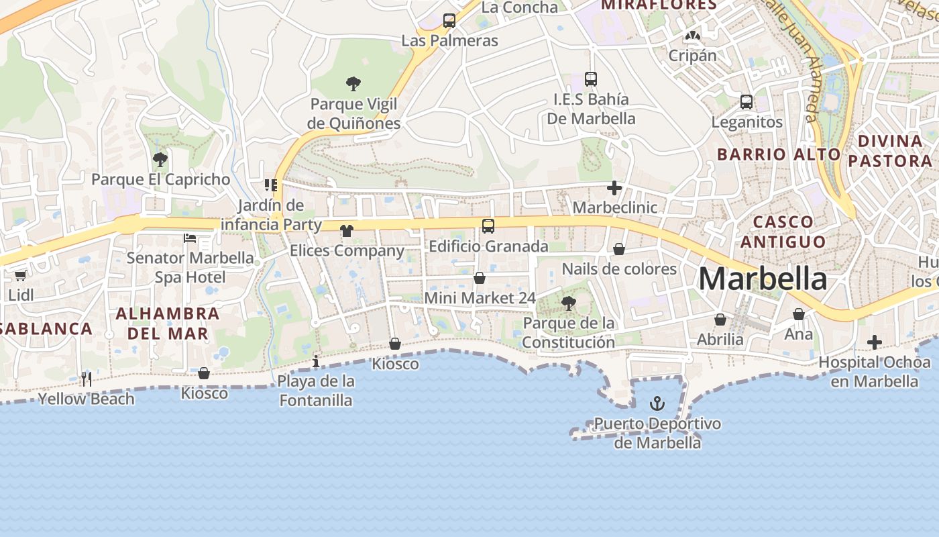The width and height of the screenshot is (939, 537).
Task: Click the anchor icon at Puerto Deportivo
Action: coord(657,403)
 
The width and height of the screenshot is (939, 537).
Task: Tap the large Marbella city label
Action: coord(763,279)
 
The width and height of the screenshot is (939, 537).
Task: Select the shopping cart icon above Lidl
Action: coord(20,275)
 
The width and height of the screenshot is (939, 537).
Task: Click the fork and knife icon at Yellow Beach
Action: coord(86,379)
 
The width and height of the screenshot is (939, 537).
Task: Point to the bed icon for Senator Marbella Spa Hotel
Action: coord(190,238)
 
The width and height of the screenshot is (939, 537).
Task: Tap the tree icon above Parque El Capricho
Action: coord(160,160)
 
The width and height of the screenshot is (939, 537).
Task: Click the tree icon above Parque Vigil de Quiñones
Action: coord(353,84)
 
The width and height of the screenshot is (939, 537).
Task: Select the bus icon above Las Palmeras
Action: coord(449,21)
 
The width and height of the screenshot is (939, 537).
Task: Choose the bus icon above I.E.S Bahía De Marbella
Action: coord(591,79)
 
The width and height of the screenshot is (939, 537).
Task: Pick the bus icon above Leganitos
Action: coord(747,102)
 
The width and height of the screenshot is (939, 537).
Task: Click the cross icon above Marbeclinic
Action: coord(614,188)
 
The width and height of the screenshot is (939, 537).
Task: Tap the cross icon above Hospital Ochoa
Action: coord(875,342)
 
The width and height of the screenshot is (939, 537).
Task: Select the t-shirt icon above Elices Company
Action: coord(346,231)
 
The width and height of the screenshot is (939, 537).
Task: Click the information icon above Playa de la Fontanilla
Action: coord(316,362)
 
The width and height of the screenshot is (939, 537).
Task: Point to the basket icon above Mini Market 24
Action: coord(480,278)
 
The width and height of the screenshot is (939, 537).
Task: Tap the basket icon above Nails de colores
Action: coord(619,249)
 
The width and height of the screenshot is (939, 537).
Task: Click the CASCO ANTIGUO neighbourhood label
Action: coord(783,232)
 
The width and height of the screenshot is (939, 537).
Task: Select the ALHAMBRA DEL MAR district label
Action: coord(168,323)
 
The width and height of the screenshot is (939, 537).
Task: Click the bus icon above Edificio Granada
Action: coord(488,226)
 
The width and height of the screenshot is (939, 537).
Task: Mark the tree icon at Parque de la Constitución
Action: coord(569,303)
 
